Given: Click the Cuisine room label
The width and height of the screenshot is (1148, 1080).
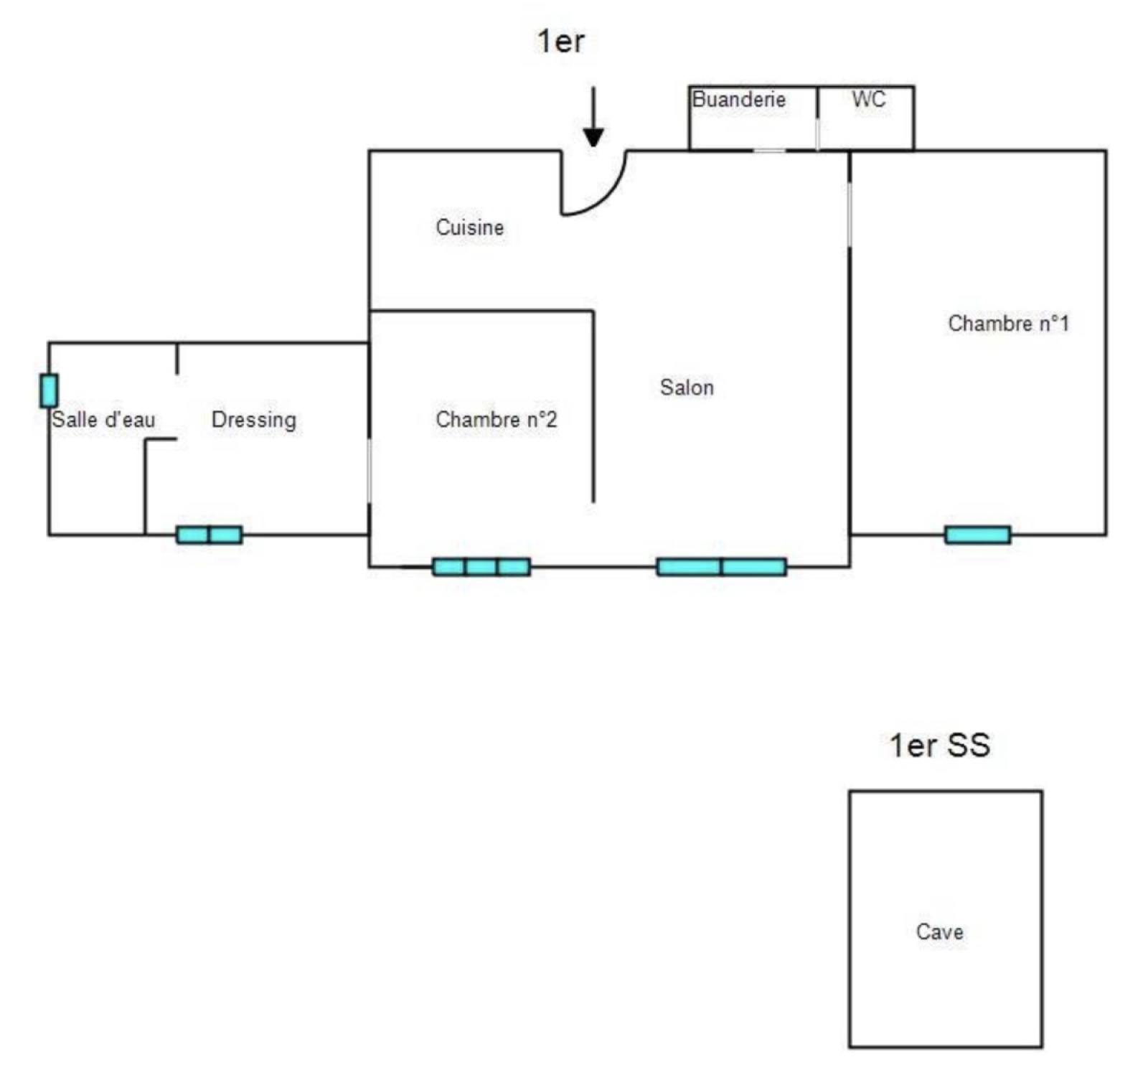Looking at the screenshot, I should point(469,227).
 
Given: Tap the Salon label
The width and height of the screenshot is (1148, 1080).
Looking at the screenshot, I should point(687,388).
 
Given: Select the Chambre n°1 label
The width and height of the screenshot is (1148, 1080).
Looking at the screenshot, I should point(1008,324).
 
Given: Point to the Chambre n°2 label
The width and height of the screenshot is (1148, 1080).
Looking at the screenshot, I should point(496,419).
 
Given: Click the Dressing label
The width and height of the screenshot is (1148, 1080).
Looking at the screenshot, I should point(253,420).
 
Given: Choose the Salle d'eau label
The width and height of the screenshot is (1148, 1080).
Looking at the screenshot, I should point(103,419).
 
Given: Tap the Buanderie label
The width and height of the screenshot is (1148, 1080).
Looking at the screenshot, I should point(738,99).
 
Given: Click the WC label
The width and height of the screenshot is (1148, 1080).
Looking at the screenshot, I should point(868,99).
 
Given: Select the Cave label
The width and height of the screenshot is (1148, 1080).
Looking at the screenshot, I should point(939,931).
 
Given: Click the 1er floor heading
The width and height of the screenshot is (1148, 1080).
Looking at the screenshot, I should point(561,41).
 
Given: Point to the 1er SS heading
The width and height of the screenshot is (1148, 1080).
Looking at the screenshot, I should point(940,745).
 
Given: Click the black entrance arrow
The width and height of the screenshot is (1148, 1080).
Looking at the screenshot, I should point(593,118).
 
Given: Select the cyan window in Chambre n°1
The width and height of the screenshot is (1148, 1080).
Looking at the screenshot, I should point(977,535).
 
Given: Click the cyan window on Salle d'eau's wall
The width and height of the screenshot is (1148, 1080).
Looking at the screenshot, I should point(49,391).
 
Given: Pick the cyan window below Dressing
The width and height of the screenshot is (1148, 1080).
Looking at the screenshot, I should point(209,535).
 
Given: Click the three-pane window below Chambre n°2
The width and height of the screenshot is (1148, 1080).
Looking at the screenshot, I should point(481,567).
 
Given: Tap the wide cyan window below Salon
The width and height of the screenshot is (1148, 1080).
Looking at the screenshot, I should point(721,567).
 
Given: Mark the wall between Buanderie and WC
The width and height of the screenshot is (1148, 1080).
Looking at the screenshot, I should point(817,118).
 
